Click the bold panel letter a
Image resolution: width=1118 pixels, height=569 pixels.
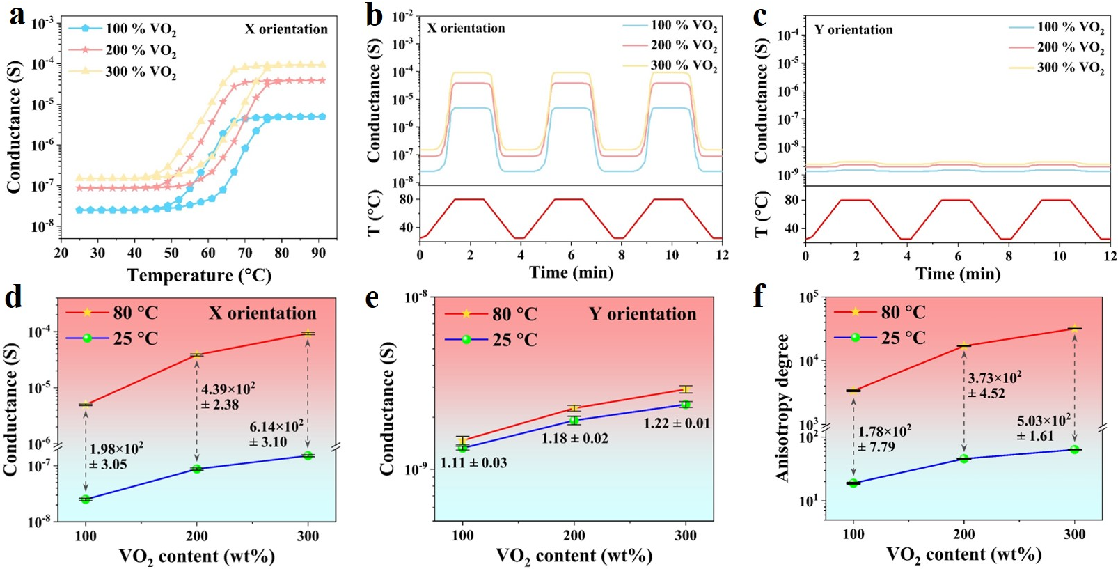point(17,15)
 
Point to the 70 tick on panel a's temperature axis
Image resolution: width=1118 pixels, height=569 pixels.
point(245,253)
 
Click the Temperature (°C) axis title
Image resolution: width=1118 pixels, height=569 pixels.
point(199,276)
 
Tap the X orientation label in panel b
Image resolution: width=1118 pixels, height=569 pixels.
point(466,29)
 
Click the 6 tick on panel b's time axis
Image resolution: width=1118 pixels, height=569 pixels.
point(571,255)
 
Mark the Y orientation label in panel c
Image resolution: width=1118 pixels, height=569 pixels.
point(853,30)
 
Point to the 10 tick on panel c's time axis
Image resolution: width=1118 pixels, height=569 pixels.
point(1059,256)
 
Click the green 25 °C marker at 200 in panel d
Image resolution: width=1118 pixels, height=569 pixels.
point(197,469)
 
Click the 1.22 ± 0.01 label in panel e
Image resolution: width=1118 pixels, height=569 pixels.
point(676,423)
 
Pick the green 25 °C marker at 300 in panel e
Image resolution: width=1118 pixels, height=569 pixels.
point(686,405)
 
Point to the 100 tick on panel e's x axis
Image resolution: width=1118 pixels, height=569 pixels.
point(463,536)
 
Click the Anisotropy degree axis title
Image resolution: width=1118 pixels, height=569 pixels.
point(782,407)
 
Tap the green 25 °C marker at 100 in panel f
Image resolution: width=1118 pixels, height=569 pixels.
point(853,483)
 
